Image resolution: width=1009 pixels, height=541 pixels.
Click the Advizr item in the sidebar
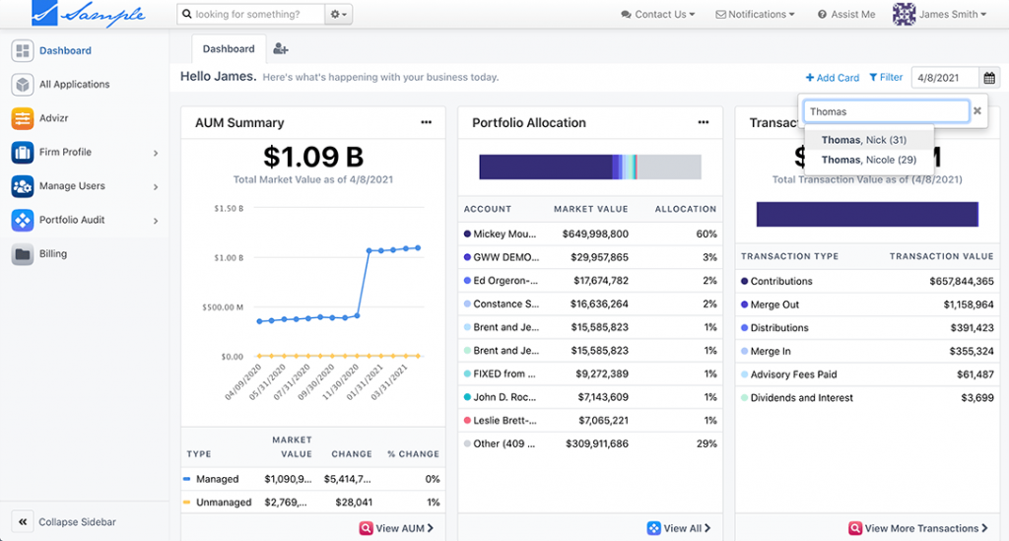click(x=53, y=118)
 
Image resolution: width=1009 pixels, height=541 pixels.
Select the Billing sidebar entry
click(x=52, y=254)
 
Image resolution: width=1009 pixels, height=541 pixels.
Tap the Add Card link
click(x=832, y=78)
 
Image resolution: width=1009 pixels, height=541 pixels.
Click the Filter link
click(x=886, y=78)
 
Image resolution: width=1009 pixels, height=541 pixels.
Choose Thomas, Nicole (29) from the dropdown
click(x=868, y=160)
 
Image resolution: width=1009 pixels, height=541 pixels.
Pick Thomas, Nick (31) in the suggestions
click(x=863, y=140)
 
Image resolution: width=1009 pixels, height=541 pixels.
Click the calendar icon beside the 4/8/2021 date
click(x=989, y=78)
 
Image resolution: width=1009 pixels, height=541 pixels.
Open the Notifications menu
click(x=756, y=15)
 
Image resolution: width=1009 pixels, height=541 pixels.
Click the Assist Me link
click(x=846, y=15)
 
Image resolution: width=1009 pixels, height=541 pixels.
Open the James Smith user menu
click(x=940, y=15)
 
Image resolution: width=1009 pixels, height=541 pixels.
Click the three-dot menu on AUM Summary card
click(x=426, y=122)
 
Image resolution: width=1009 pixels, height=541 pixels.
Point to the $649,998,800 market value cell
click(x=594, y=235)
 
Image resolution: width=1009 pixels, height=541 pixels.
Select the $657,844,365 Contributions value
click(x=961, y=282)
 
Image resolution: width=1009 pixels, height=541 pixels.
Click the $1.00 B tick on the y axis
click(x=228, y=258)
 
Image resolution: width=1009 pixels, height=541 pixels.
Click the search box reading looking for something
click(x=251, y=15)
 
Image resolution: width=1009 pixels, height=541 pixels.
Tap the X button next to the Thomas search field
click(x=977, y=111)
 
